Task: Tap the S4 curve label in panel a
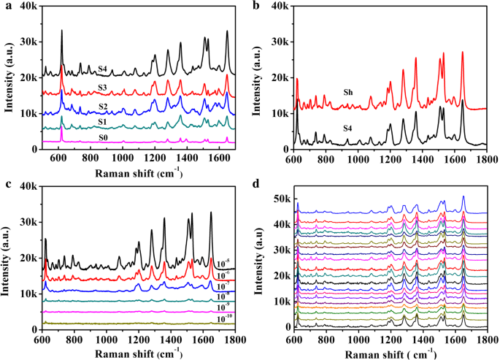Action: tap(104, 70)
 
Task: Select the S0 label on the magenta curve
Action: tap(104, 137)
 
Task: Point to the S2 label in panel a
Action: tap(104, 107)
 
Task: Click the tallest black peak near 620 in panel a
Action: tap(62, 31)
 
